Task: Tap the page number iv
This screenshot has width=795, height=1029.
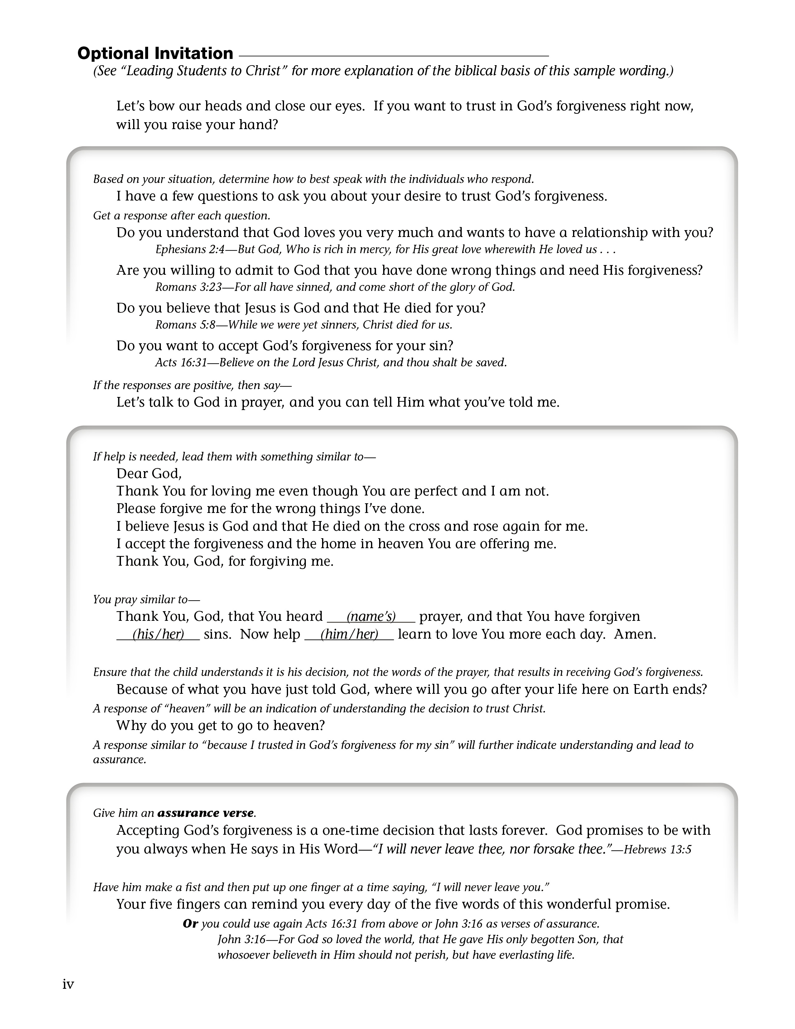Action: pyautogui.click(x=68, y=984)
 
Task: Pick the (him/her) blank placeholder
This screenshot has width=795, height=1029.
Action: pyautogui.click(x=349, y=634)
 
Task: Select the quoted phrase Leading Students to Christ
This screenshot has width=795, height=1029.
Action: pyautogui.click(x=205, y=71)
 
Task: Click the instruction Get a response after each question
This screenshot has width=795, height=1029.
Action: pyautogui.click(x=182, y=215)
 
